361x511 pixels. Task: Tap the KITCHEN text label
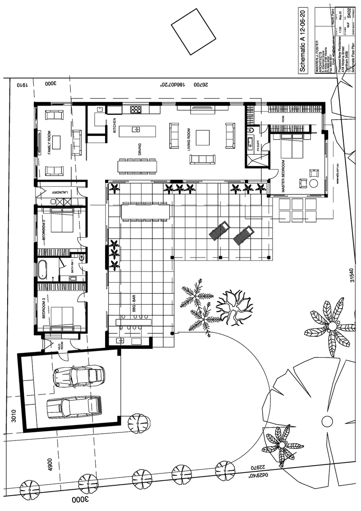point(115,125)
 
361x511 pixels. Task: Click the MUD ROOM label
point(60,346)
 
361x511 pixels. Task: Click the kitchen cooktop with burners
point(136,109)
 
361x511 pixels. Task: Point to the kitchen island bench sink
point(136,130)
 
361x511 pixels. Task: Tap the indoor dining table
point(137,166)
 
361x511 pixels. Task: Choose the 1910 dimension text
point(19,84)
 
